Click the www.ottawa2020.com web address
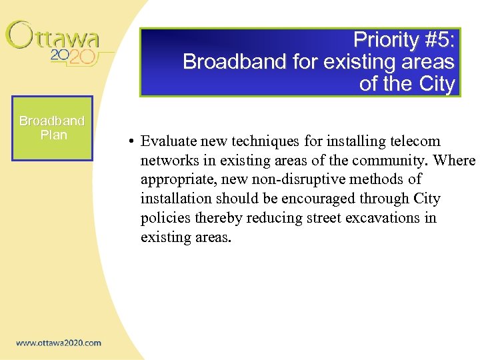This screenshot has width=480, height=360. [x=59, y=343]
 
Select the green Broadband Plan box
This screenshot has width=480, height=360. [x=52, y=128]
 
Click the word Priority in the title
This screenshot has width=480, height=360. [x=384, y=40]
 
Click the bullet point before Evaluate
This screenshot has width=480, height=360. [x=133, y=142]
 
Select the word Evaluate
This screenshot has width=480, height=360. [x=167, y=141]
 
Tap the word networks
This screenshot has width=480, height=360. [x=167, y=161]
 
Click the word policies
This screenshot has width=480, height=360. [x=165, y=218]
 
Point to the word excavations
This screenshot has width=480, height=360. [x=386, y=218]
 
